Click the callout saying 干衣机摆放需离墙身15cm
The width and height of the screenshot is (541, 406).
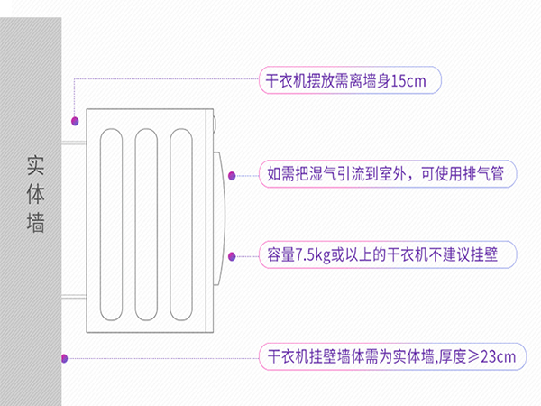[x=346, y=80]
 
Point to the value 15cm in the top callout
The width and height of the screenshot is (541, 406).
[x=415, y=80]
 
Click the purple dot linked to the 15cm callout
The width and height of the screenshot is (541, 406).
[x=76, y=119]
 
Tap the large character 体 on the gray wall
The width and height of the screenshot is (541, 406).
[x=36, y=194]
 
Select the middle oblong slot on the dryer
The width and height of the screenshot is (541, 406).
[x=148, y=223]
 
